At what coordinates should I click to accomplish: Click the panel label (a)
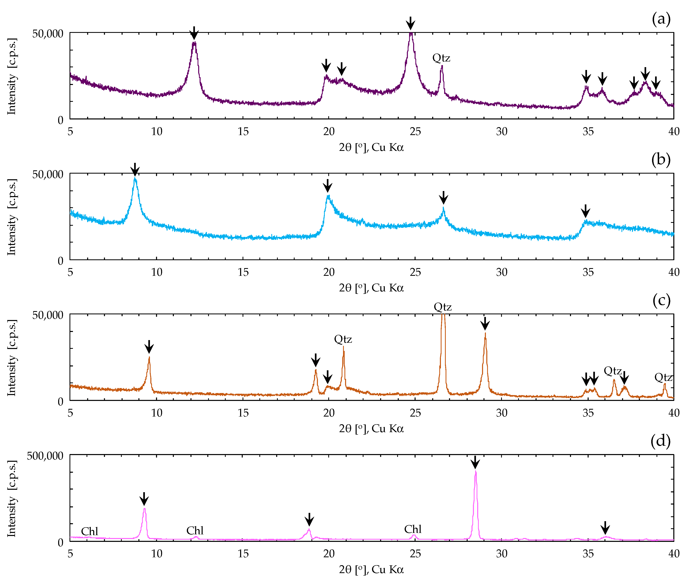tap(661, 19)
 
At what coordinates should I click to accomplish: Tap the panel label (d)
tap(660, 441)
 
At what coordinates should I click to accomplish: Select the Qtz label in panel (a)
tap(441, 58)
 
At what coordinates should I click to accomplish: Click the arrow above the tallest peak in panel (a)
tap(410, 23)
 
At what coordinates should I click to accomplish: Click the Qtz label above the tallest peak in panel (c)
tap(443, 307)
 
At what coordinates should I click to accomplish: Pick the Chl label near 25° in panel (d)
tap(413, 529)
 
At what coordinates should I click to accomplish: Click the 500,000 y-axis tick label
tap(45, 456)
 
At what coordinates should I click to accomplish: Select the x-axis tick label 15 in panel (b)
tap(243, 272)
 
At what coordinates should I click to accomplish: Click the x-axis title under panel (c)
tap(371, 429)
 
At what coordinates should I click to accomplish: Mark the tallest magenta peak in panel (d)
tap(476, 472)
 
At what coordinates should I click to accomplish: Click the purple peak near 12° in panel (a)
tap(194, 43)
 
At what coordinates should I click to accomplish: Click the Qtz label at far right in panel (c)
tap(663, 377)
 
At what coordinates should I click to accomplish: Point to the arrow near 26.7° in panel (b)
tap(444, 198)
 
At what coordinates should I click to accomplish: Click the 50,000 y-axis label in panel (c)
tap(47, 315)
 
